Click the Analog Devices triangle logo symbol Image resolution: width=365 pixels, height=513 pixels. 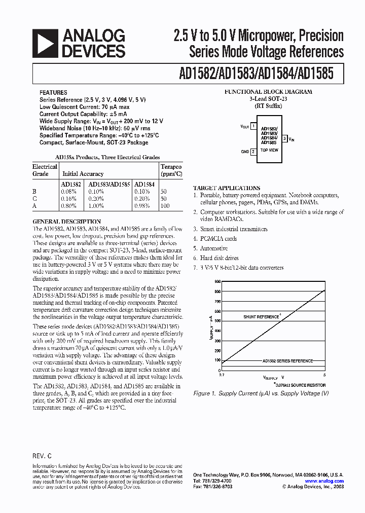pos(44,43)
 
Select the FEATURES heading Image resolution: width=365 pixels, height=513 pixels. pos(53,93)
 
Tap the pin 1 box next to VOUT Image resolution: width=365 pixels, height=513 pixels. pos(253,127)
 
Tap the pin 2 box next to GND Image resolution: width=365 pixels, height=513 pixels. pos(253,151)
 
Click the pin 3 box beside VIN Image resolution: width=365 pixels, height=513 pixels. pos(285,138)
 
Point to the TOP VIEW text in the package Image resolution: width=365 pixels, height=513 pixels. pos(269,151)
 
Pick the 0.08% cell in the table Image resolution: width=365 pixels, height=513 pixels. pos(68,192)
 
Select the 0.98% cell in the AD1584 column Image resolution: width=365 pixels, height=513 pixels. pos(142,206)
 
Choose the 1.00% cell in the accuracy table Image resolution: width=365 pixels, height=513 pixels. pos(96,206)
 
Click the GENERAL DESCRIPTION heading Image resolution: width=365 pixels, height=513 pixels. pos(66,222)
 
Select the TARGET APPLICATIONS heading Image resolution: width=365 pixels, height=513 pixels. pos(227,188)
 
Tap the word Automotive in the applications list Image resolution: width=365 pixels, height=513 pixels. pos(213,248)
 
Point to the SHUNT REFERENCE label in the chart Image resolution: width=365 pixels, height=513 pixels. pos(261,317)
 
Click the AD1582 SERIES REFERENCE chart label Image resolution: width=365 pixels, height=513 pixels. pos(287,360)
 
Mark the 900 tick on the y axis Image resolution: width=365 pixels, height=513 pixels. pos(217,281)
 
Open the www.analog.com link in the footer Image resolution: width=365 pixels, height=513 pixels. pos(324,481)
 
